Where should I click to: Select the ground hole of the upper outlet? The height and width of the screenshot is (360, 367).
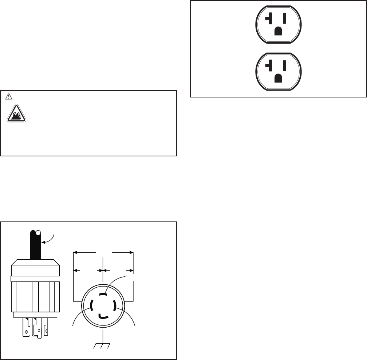click(x=279, y=31)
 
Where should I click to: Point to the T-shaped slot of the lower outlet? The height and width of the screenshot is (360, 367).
click(x=270, y=65)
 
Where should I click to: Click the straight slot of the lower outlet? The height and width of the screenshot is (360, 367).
click(x=284, y=65)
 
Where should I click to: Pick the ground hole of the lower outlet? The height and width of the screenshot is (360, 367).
click(x=279, y=77)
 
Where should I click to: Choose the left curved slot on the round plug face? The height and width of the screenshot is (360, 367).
click(x=91, y=305)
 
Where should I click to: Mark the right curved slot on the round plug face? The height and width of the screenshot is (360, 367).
click(x=115, y=305)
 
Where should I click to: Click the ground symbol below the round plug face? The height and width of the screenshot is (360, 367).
click(x=104, y=345)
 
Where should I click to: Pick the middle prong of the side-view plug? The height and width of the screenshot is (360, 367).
click(x=37, y=329)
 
